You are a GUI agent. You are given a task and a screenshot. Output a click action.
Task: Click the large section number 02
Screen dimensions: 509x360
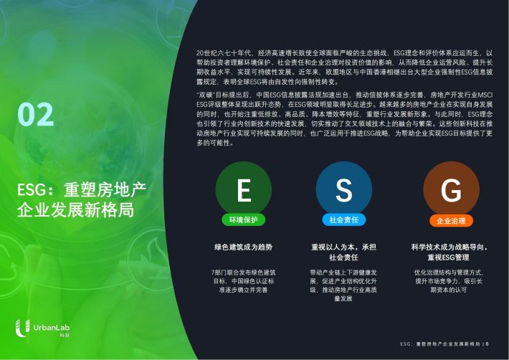click(36, 114)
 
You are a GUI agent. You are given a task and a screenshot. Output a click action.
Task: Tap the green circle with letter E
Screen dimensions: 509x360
click(244, 189)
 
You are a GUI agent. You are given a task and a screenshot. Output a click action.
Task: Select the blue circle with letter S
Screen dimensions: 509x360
click(344, 189)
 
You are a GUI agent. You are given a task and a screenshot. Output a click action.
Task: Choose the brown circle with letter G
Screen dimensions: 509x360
click(451, 189)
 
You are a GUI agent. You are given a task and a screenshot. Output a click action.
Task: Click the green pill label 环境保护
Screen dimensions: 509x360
click(244, 219)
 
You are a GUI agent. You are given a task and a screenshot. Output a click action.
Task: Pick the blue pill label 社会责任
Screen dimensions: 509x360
click(344, 219)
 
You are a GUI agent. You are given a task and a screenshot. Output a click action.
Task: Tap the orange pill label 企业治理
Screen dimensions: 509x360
click(451, 221)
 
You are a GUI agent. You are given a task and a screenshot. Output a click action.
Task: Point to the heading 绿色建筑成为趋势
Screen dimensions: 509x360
click(244, 247)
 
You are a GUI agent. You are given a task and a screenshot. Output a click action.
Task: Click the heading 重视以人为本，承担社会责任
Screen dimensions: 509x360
click(344, 252)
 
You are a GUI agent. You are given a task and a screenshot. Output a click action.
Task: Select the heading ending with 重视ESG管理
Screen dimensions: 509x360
click(449, 252)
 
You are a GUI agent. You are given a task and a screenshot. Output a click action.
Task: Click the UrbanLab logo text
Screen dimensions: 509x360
click(52, 328)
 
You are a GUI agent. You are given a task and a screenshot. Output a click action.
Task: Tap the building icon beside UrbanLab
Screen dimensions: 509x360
click(23, 328)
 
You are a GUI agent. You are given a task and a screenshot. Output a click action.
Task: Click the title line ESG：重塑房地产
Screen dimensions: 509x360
click(82, 190)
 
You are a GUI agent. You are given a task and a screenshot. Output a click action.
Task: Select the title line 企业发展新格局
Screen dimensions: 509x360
click(75, 210)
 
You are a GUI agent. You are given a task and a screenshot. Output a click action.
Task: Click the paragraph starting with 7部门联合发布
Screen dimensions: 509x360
click(244, 281)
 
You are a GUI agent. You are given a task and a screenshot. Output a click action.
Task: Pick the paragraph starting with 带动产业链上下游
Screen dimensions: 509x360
click(343, 285)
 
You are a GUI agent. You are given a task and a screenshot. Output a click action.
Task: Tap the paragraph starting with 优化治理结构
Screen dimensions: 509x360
click(449, 281)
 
